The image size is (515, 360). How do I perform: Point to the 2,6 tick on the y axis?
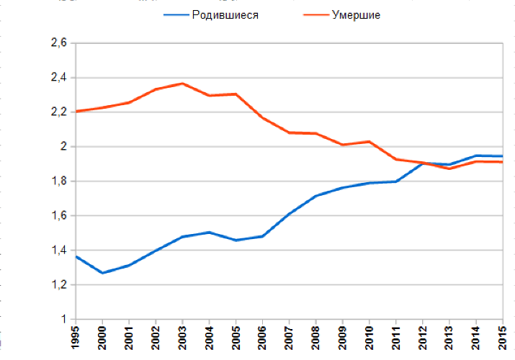pyautogui.click(x=59, y=43)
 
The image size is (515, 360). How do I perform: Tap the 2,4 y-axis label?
pyautogui.click(x=59, y=78)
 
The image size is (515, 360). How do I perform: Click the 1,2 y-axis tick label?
pyautogui.click(x=59, y=285)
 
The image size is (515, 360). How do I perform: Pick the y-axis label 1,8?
pyautogui.click(x=59, y=181)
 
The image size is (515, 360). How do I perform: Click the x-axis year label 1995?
pyautogui.click(x=76, y=338)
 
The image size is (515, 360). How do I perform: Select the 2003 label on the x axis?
pyautogui.click(x=182, y=338)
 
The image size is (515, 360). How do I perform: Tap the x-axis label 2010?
pyautogui.click(x=369, y=338)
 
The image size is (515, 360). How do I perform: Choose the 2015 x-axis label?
pyautogui.click(x=502, y=338)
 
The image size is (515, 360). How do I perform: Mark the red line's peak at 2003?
pyautogui.click(x=182, y=84)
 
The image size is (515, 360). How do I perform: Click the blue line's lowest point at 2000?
pyautogui.click(x=102, y=273)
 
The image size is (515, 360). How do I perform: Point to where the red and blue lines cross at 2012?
pyautogui.click(x=422, y=163)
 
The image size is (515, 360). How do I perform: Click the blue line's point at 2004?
pyautogui.click(x=209, y=232)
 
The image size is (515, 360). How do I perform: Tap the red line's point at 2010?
pyautogui.click(x=369, y=142)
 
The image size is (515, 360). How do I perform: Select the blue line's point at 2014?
pyautogui.click(x=475, y=156)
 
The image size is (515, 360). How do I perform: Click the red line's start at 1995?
pyautogui.click(x=76, y=111)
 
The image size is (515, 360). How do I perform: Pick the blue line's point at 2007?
pyautogui.click(x=289, y=214)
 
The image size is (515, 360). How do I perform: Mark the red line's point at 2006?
pyautogui.click(x=262, y=117)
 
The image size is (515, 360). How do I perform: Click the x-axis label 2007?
pyautogui.click(x=289, y=338)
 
